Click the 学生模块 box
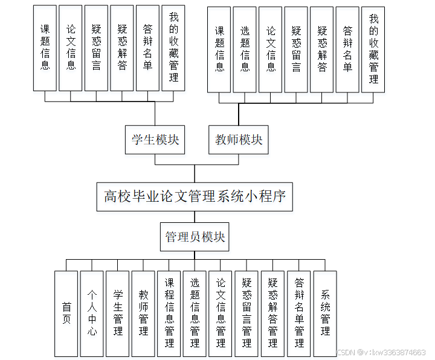155,140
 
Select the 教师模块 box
239,140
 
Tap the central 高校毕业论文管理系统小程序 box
195,196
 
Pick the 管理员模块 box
195,237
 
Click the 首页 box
66,313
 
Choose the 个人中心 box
92,313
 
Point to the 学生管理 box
118,313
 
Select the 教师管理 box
144,313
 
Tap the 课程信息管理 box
169,313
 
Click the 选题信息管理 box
195,313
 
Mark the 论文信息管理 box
221,313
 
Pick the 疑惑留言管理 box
246,313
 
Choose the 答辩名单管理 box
299,313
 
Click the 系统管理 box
325,313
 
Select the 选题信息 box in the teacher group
245,50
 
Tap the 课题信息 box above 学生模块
45,48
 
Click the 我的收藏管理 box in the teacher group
373,50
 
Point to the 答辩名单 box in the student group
148,48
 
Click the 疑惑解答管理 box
272,313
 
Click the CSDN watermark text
381,352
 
